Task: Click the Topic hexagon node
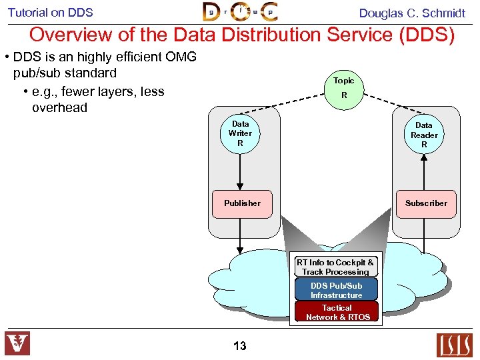click(x=344, y=88)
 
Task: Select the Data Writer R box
click(x=240, y=133)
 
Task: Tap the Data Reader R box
click(x=424, y=135)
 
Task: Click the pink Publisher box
click(x=242, y=203)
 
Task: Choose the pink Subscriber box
click(x=426, y=203)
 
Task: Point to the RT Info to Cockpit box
click(x=335, y=267)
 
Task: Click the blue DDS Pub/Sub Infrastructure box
click(x=336, y=291)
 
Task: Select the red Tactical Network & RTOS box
click(x=337, y=312)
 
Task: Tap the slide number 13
click(x=240, y=345)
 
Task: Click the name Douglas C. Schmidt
click(x=412, y=13)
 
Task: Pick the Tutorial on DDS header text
click(x=51, y=12)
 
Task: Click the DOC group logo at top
click(x=240, y=12)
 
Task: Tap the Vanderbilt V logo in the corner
click(x=18, y=344)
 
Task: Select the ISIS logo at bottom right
click(x=454, y=345)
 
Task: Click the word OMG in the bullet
click(x=181, y=57)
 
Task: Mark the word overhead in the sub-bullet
click(x=59, y=107)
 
